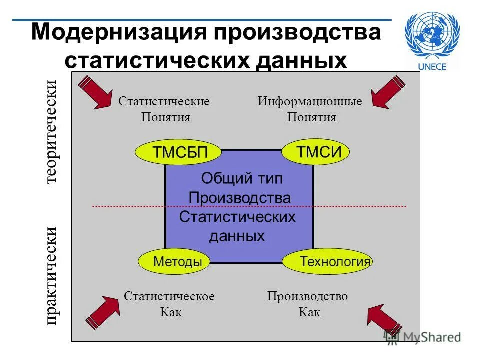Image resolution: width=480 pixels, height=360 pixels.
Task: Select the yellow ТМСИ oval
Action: pyautogui.click(x=315, y=152)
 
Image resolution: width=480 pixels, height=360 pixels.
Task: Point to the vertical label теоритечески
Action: pyautogui.click(x=51, y=132)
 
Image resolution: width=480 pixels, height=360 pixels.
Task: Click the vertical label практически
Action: pyautogui.click(x=51, y=276)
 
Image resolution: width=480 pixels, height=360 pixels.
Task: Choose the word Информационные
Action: pyautogui.click(x=310, y=101)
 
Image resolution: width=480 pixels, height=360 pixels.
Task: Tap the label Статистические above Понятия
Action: pyautogui.click(x=164, y=101)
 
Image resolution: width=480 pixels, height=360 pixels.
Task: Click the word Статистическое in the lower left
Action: pyautogui.click(x=169, y=296)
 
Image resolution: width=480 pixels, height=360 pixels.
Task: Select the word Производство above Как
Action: pyautogui.click(x=307, y=296)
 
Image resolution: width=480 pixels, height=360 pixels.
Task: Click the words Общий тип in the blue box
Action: pyautogui.click(x=235, y=178)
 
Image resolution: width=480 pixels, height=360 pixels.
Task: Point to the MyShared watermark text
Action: pyautogui.click(x=432, y=337)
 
